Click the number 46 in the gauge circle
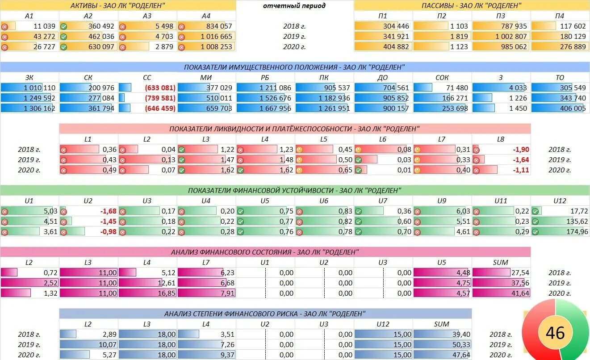click(x=555, y=333)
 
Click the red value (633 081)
click(x=159, y=88)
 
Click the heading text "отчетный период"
click(x=294, y=6)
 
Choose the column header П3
click(x=501, y=16)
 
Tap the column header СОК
click(x=442, y=78)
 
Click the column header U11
click(x=501, y=201)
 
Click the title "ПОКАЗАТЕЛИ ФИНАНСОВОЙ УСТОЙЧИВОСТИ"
click(x=294, y=191)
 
